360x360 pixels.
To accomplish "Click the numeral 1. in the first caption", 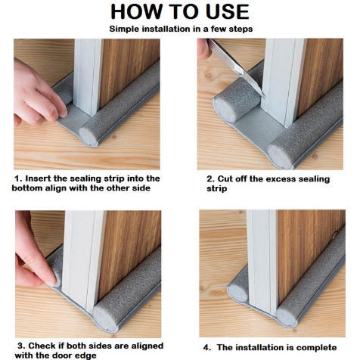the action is point(19,178).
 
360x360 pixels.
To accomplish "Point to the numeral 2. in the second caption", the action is point(211,179).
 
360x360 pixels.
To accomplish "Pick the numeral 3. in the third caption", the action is point(22,346).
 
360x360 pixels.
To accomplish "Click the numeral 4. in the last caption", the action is point(207,348).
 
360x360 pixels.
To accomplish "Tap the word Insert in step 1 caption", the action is point(38,178).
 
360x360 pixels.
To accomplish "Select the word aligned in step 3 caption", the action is point(147,346).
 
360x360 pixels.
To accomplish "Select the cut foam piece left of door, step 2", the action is point(237,104).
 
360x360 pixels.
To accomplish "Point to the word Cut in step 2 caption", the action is point(225,179).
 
